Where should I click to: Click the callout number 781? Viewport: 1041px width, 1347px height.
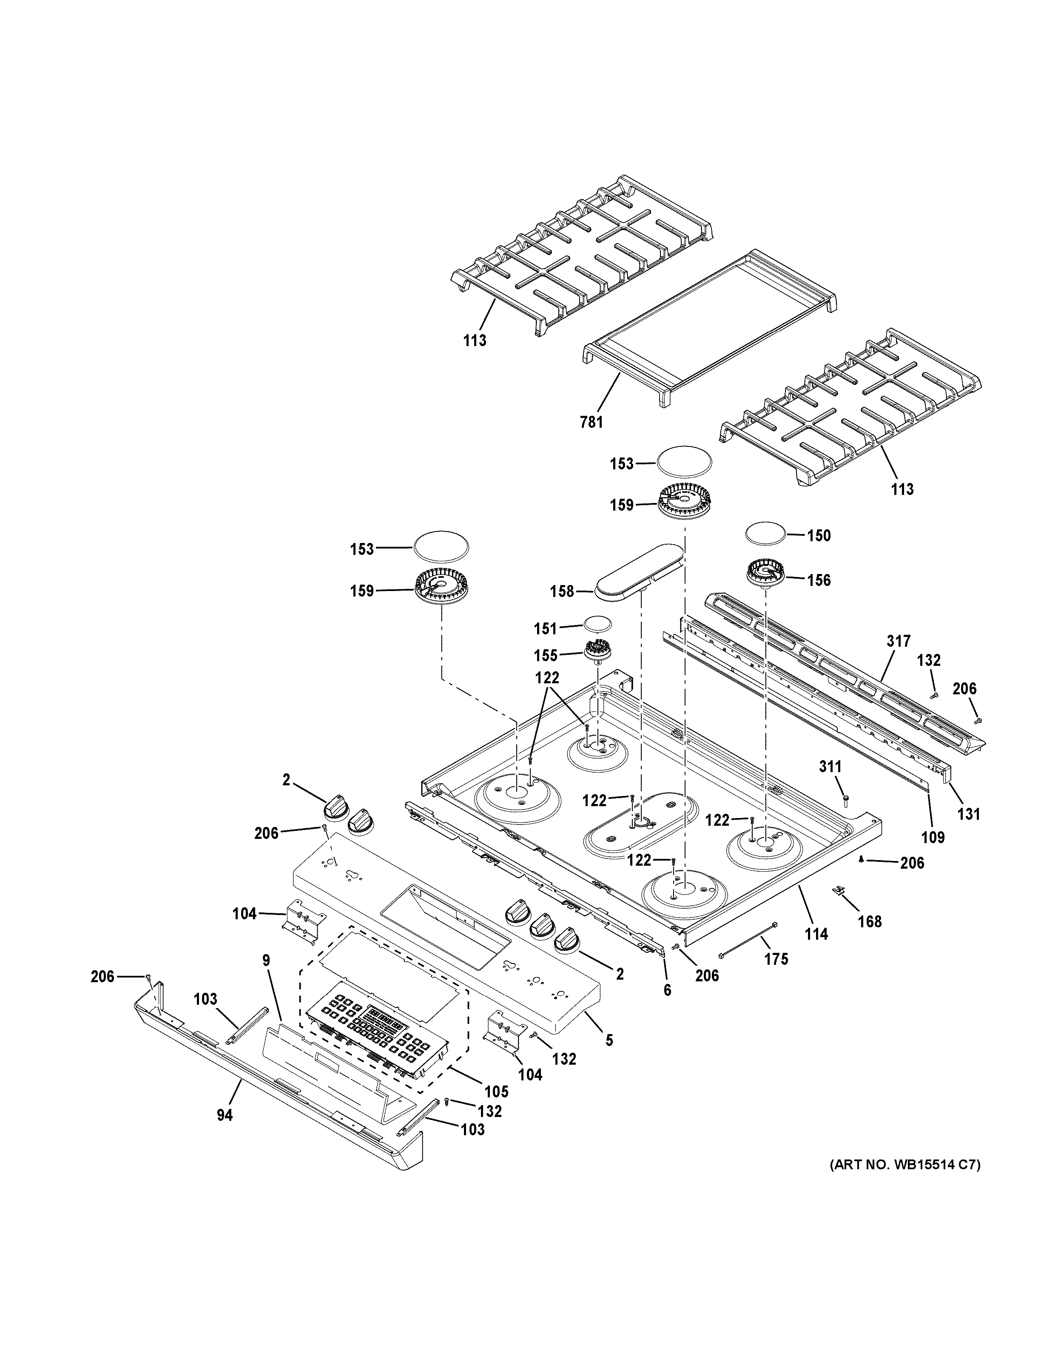click(592, 423)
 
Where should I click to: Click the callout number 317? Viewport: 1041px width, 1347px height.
click(899, 642)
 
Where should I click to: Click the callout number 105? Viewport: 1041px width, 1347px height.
click(496, 1091)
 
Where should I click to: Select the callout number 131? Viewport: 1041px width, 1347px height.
click(968, 814)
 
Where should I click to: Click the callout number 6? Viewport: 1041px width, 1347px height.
click(667, 991)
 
